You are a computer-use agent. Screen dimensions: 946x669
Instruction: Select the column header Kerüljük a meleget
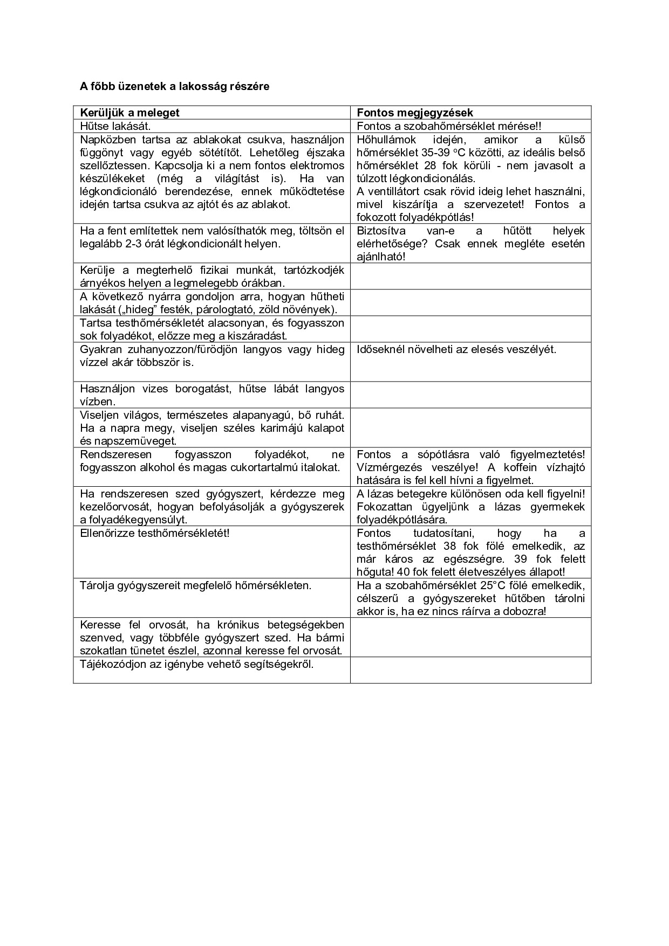(x=129, y=113)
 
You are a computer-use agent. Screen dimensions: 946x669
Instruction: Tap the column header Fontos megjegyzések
(x=415, y=113)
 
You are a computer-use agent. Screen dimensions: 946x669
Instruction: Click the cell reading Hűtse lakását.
(x=115, y=126)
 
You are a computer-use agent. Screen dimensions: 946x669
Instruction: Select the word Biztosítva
(x=381, y=231)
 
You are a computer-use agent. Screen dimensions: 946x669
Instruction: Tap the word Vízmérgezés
(x=386, y=467)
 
